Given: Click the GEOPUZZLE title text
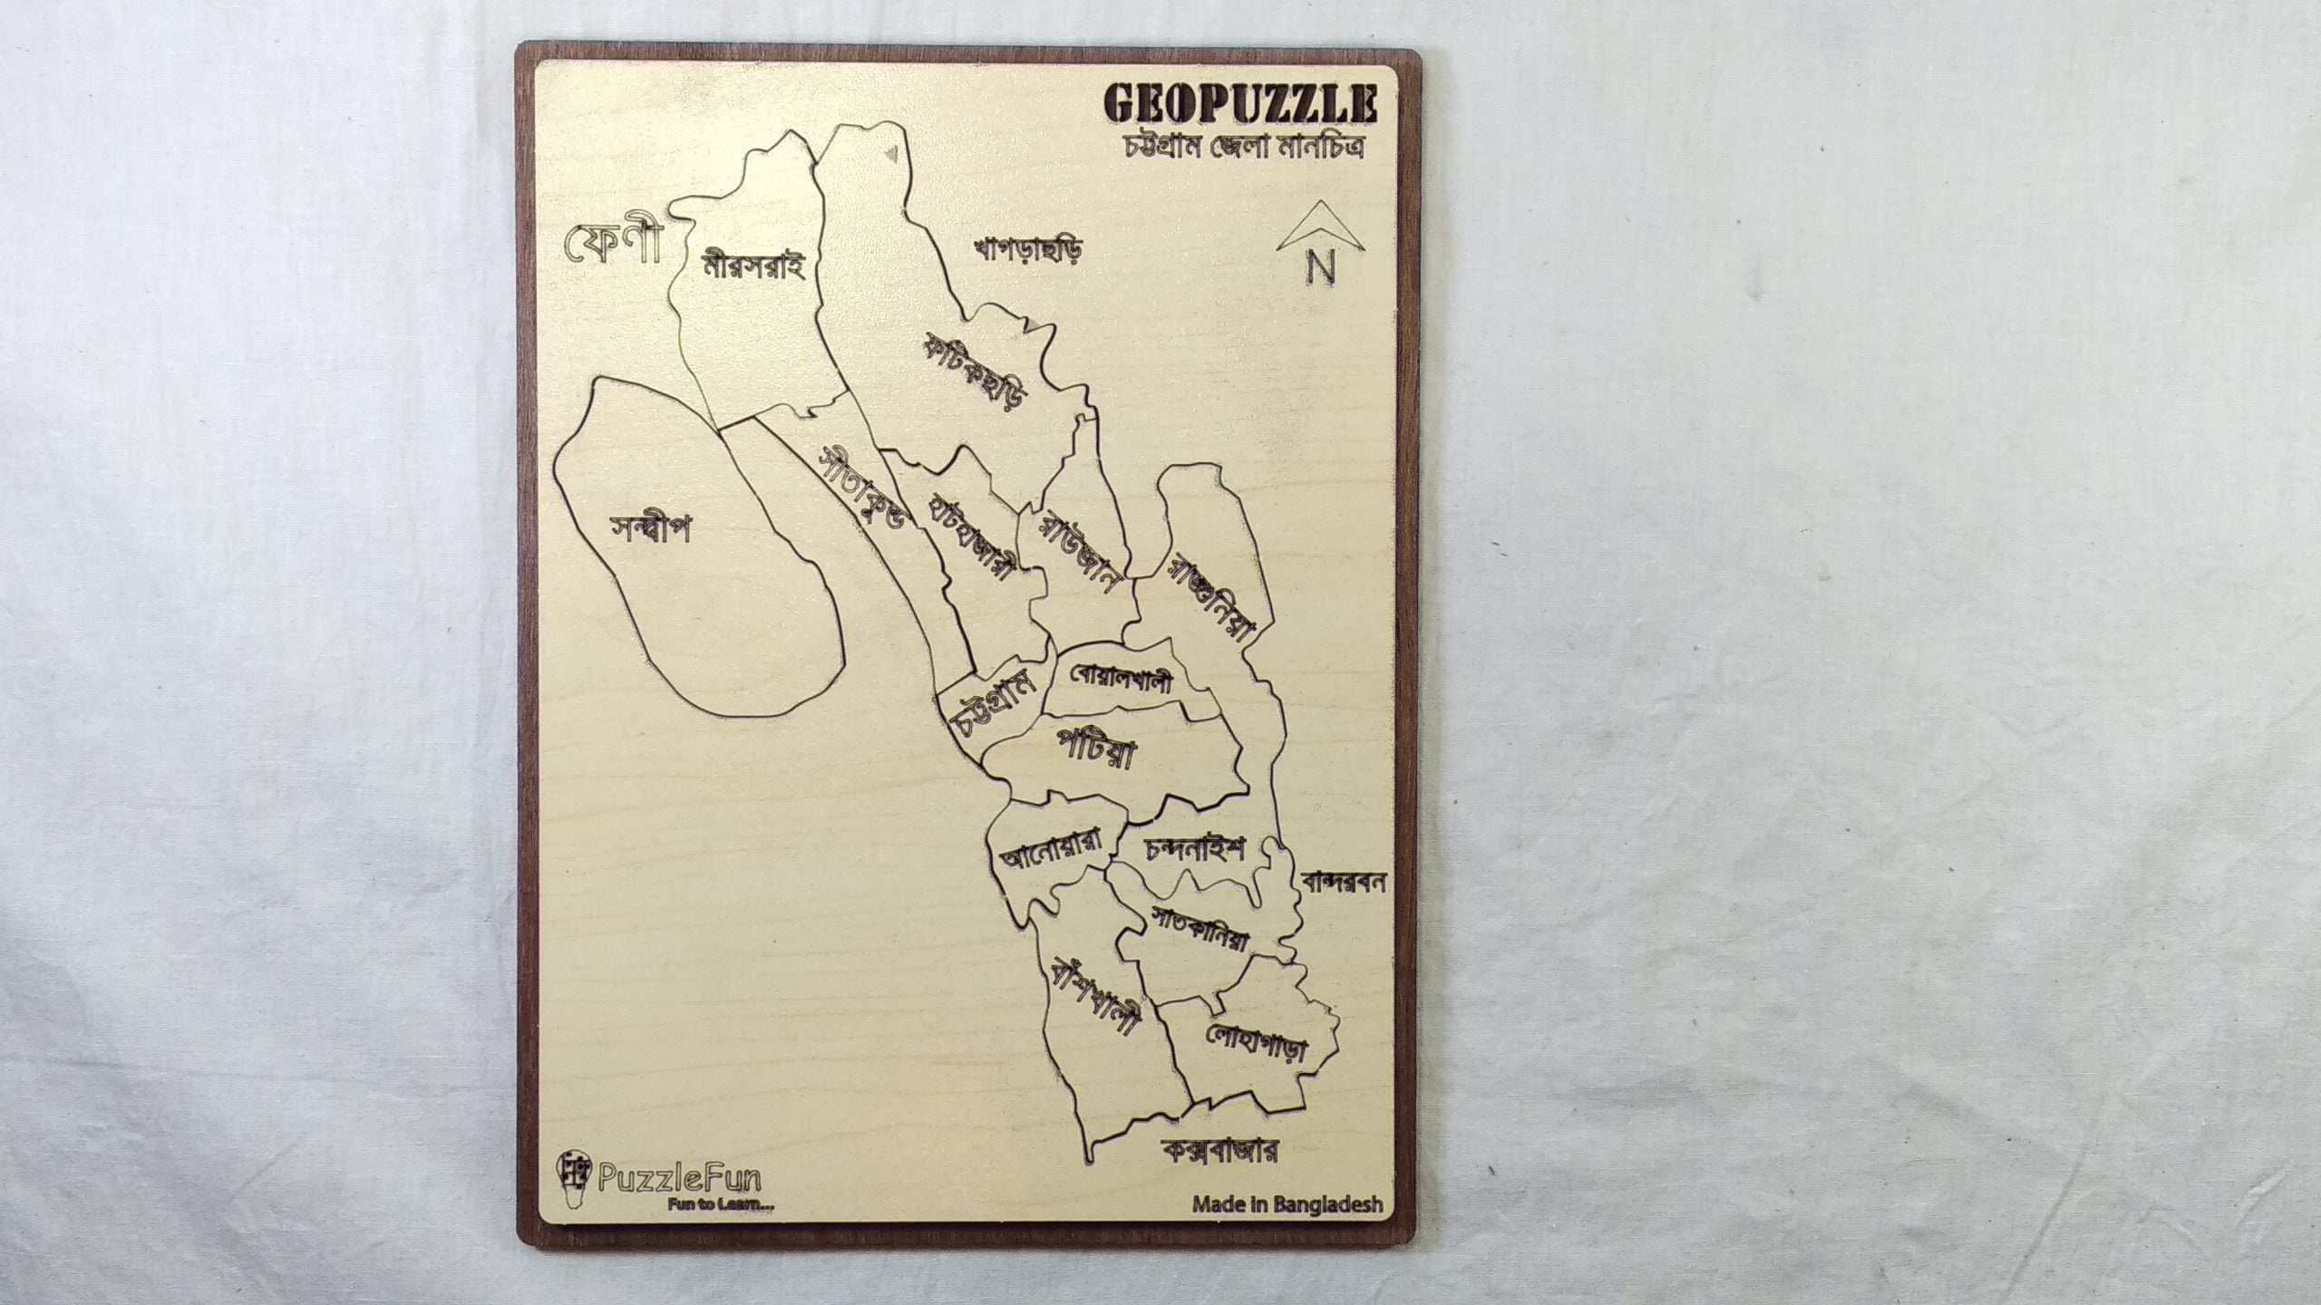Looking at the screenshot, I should [x=1240, y=104].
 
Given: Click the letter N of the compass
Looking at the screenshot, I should [x=1321, y=266].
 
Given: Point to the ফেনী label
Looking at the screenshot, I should [x=614, y=242].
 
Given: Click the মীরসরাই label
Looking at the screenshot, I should [x=753, y=266].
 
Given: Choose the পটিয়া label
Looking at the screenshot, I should [x=1097, y=749].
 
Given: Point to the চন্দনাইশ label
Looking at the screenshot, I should [x=1195, y=849].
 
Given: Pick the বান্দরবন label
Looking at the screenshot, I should [x=1344, y=883].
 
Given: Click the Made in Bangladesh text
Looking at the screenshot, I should [x=1287, y=1205].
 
